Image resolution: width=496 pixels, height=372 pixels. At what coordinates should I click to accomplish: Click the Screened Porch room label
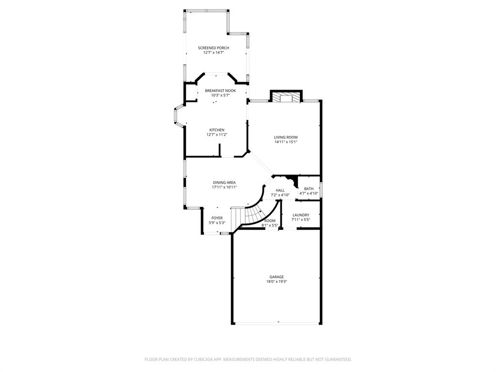tap(213, 47)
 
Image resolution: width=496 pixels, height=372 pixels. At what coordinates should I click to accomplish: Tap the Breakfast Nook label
tap(220, 91)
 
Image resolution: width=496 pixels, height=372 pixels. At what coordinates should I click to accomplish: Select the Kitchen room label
tap(217, 130)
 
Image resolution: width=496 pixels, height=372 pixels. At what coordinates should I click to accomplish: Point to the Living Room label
tap(285, 137)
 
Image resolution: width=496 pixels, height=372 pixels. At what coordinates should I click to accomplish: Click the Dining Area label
tap(224, 183)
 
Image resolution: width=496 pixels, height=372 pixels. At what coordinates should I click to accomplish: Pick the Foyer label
tap(217, 218)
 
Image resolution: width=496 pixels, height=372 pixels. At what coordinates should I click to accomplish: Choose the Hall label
tap(280, 190)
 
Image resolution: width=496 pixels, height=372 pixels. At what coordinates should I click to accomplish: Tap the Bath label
tap(309, 189)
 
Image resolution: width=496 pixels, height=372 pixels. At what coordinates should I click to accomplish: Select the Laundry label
tap(300, 215)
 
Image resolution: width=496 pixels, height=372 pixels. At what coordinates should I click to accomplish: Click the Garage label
tap(277, 277)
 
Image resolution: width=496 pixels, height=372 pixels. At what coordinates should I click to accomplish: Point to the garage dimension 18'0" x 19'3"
tap(277, 282)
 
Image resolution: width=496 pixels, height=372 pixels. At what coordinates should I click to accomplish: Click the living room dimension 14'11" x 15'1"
tap(285, 142)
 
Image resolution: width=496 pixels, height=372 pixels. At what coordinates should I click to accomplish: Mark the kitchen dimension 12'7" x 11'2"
tap(217, 135)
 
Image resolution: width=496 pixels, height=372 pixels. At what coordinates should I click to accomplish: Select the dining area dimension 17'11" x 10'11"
tap(224, 187)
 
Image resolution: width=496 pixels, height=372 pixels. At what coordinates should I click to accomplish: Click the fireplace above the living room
tap(286, 97)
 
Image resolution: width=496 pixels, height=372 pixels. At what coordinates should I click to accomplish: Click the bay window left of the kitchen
tap(177, 116)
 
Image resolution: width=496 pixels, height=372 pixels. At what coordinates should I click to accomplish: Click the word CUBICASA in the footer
tap(199, 359)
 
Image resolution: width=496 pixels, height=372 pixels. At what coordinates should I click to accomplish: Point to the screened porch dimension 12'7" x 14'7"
tap(213, 52)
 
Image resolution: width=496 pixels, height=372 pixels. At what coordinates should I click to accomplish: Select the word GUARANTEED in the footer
tap(337, 359)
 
